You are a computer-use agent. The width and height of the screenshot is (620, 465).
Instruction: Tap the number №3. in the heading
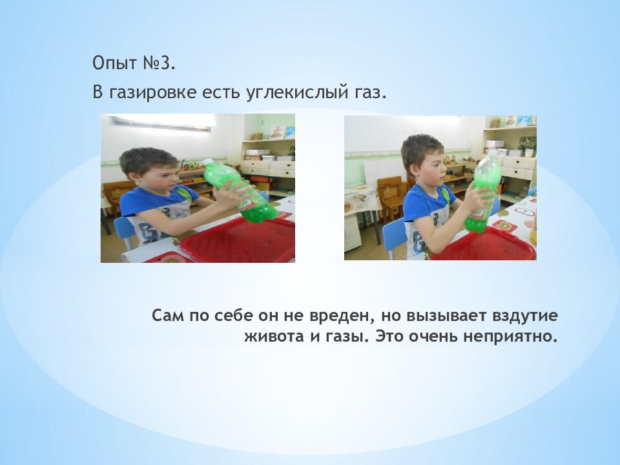(157, 65)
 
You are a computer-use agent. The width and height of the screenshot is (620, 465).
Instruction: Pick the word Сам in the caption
(169, 316)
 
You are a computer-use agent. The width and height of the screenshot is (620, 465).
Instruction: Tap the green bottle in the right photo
(484, 192)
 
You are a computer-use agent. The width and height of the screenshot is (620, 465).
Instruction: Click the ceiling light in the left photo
(161, 121)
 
